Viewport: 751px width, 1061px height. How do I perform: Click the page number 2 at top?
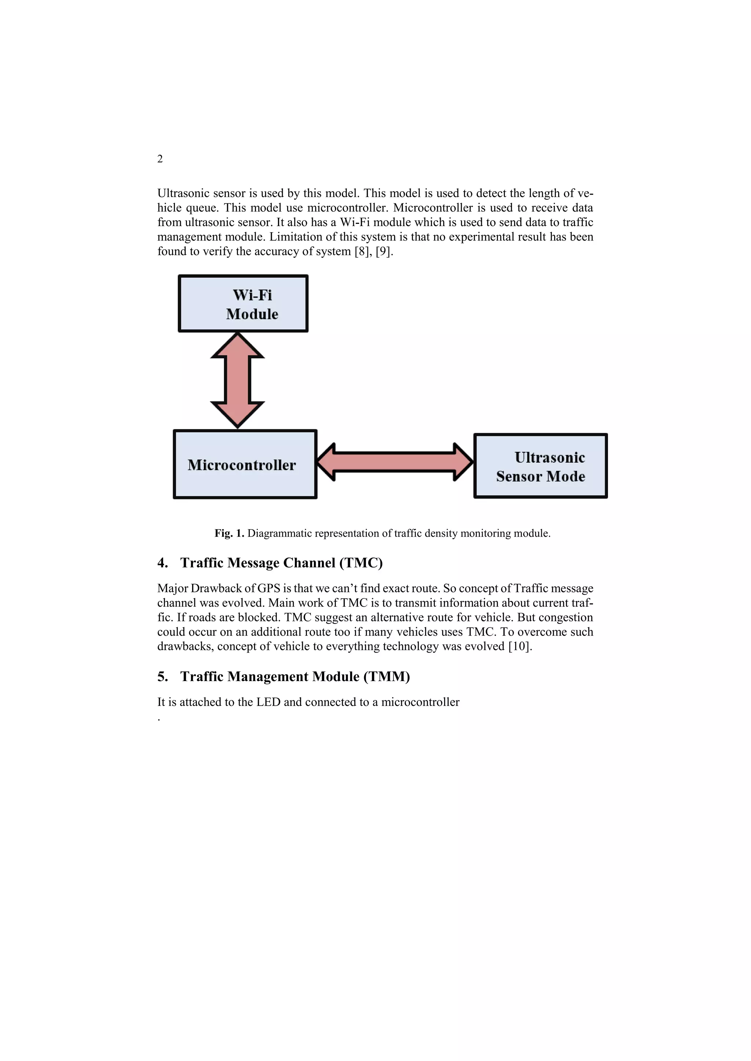click(x=160, y=159)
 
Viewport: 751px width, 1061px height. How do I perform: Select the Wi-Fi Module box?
click(x=243, y=304)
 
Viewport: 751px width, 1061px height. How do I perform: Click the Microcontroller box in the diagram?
click(x=245, y=465)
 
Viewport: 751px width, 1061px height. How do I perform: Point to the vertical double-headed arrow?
click(x=237, y=380)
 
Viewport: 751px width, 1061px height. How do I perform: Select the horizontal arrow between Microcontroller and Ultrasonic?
click(x=395, y=462)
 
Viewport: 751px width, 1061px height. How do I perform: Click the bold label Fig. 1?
click(x=229, y=533)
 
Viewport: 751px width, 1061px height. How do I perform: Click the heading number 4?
click(x=162, y=563)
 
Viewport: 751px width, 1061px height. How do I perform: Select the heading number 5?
click(x=162, y=677)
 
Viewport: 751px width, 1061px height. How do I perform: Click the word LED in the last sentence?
click(x=268, y=702)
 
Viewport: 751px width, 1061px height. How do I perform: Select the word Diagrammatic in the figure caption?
click(x=279, y=533)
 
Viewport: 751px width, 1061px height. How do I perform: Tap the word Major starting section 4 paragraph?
click(x=172, y=588)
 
